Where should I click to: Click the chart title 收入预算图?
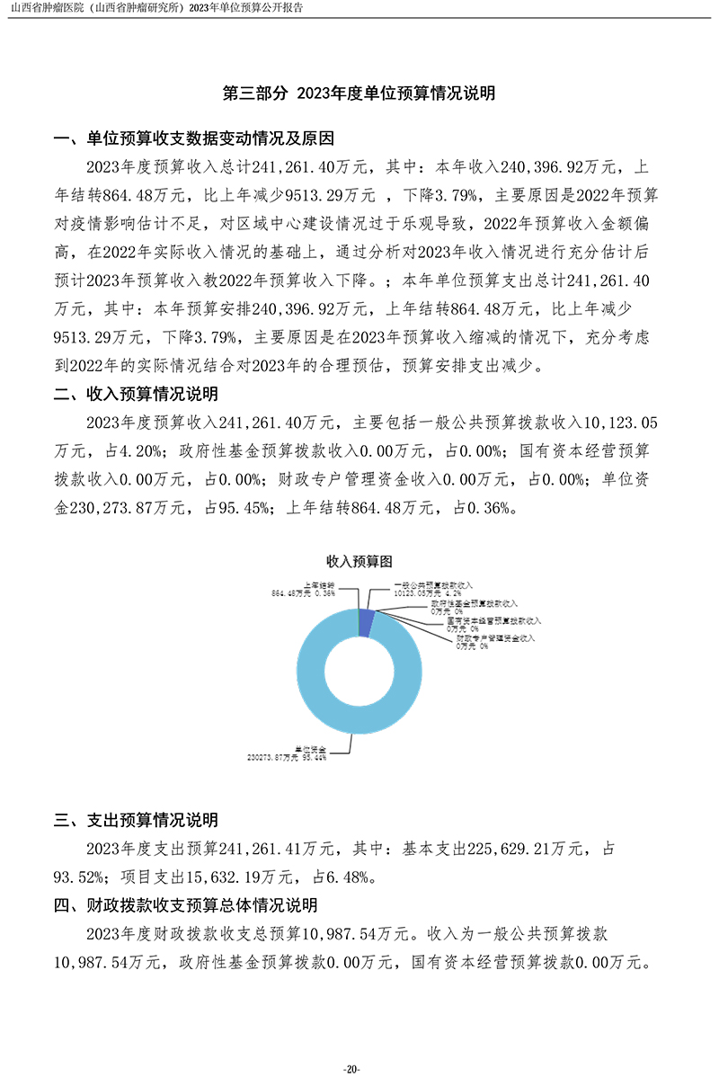[x=359, y=561]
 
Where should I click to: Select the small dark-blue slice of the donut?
[x=366, y=621]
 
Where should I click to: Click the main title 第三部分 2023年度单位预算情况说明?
[x=359, y=93]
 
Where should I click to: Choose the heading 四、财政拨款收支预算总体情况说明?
[x=186, y=905]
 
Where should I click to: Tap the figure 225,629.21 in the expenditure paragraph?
[x=513, y=848]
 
